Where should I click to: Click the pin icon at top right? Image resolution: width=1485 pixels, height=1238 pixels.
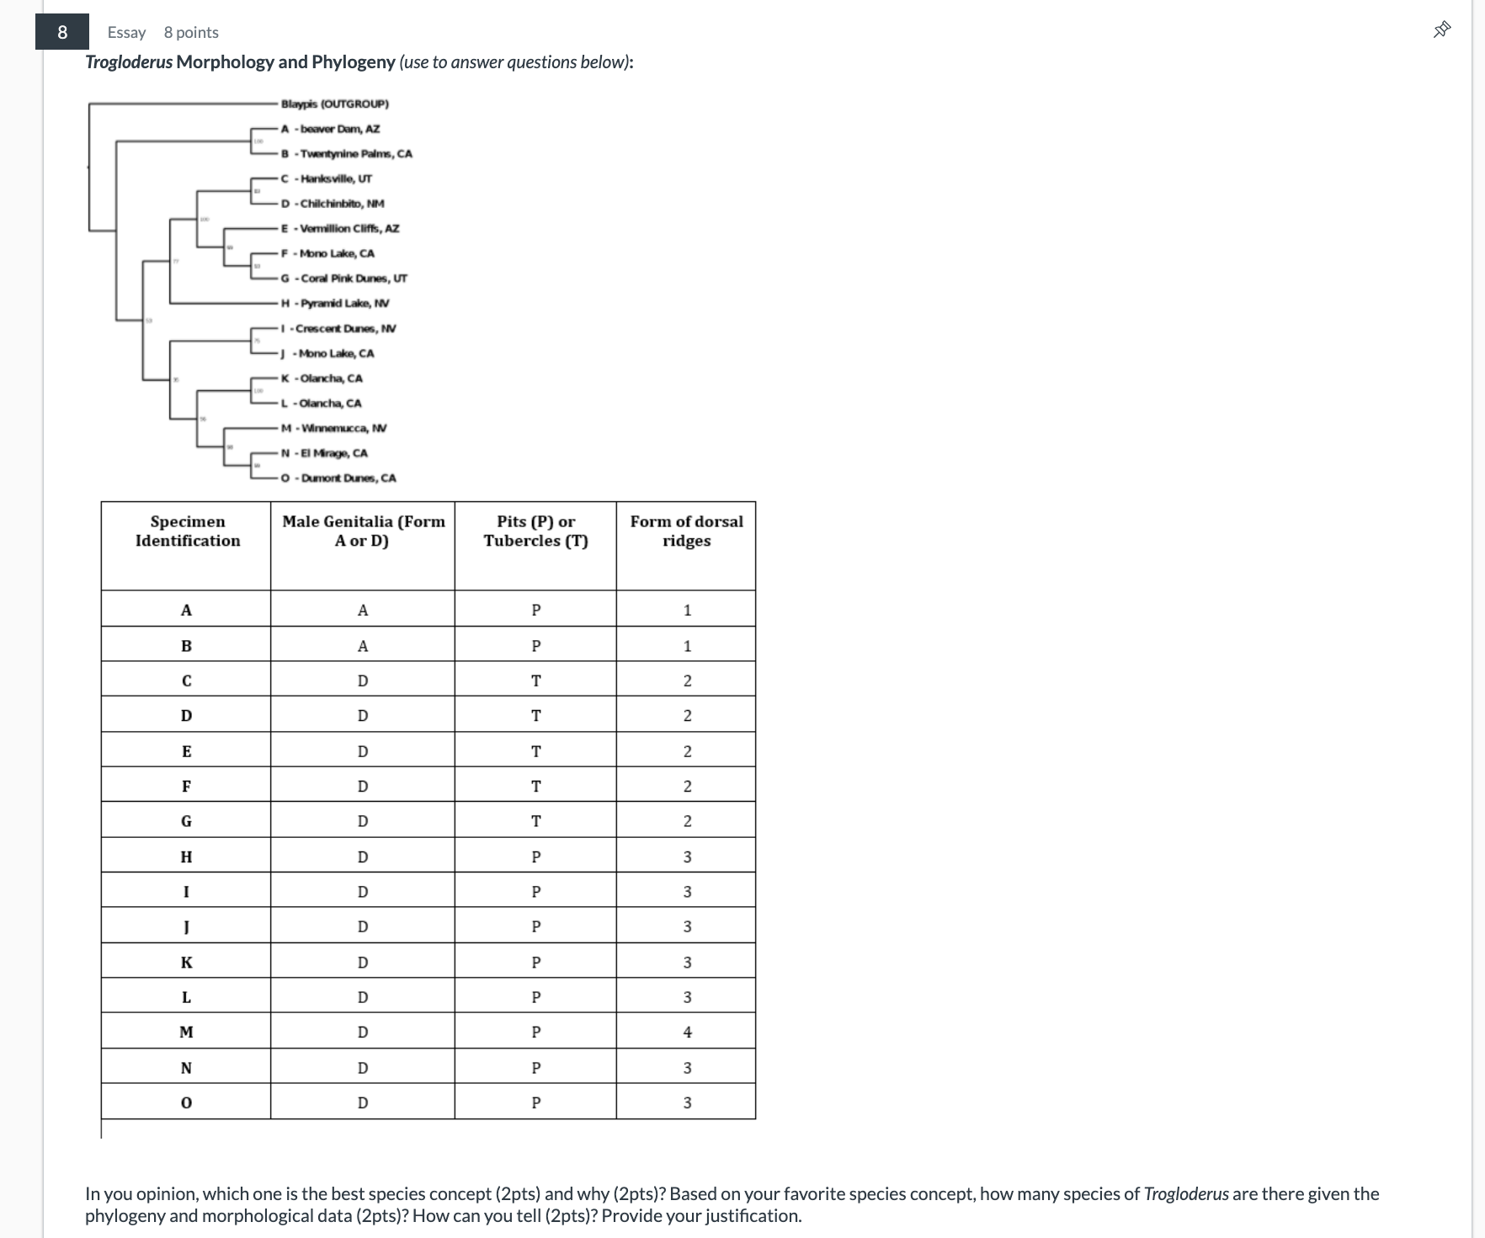click(x=1442, y=30)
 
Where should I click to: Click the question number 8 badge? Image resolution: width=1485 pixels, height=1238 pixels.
click(x=62, y=32)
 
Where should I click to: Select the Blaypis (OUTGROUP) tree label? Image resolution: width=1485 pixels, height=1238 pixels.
click(x=334, y=104)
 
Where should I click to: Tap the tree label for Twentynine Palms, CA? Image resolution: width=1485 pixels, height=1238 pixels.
click(x=347, y=153)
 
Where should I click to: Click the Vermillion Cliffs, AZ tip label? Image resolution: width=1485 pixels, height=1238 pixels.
click(x=340, y=228)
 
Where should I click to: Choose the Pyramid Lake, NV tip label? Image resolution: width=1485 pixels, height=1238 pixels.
click(x=335, y=303)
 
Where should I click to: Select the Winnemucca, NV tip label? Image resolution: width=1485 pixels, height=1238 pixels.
click(x=334, y=428)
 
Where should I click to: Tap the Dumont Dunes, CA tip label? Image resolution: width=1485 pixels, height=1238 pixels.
click(x=338, y=478)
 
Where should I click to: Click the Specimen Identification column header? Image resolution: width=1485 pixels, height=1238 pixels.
click(x=187, y=531)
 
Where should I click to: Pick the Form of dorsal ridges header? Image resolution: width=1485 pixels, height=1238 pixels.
click(x=686, y=531)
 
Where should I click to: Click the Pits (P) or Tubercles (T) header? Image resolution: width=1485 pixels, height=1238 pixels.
click(x=535, y=531)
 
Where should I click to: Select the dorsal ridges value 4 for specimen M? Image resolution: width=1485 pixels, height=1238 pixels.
click(x=687, y=1032)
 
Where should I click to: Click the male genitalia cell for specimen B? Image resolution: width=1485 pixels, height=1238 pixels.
click(x=363, y=646)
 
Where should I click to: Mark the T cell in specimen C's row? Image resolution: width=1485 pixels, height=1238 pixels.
click(x=535, y=680)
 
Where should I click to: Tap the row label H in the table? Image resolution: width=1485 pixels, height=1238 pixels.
click(x=186, y=856)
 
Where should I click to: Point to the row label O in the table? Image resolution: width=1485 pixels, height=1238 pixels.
click(x=186, y=1102)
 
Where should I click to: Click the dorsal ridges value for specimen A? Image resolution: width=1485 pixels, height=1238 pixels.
click(x=687, y=610)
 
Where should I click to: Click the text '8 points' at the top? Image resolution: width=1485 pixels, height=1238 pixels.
click(x=191, y=32)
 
